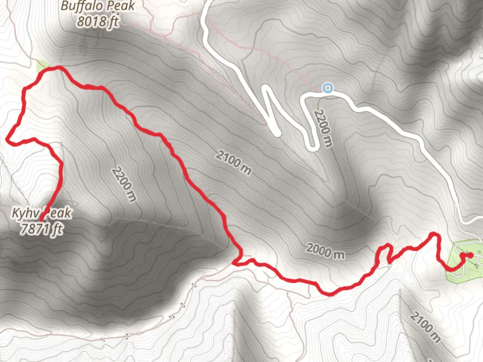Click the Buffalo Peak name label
click(98, 6)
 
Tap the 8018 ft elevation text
click(98, 22)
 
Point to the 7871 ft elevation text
click(41, 229)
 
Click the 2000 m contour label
click(325, 251)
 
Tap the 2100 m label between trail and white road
click(233, 163)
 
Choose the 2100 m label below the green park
click(425, 327)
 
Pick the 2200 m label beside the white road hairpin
click(324, 128)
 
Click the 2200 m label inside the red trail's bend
click(124, 184)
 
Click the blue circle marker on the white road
click(327, 88)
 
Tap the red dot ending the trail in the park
click(470, 255)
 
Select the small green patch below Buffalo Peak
click(43, 66)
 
